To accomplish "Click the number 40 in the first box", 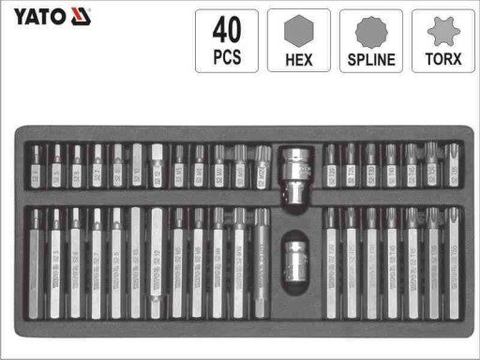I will [x=226, y=29].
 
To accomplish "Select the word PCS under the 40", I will [x=226, y=57].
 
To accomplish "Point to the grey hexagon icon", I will [x=298, y=31].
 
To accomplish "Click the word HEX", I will [x=298, y=59].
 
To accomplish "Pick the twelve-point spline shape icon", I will [x=370, y=31].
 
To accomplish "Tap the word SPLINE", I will [x=370, y=59].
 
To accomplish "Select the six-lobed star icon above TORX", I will [x=443, y=31].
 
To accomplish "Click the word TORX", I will [x=443, y=59].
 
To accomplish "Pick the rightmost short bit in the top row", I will [x=454, y=166].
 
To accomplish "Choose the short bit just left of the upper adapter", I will [x=262, y=166].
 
